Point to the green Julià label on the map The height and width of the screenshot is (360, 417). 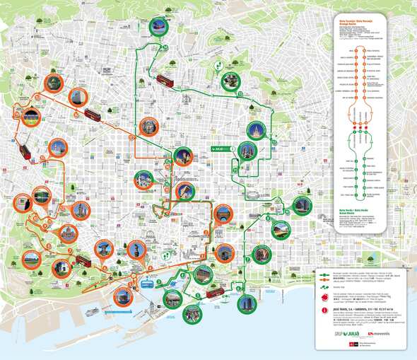coord(222,149)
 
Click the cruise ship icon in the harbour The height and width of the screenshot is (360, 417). coord(93,311)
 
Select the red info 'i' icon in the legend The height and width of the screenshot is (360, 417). coord(324,309)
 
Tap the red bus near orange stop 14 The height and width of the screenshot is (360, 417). coord(92,114)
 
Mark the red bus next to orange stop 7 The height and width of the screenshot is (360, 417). coord(84,260)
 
